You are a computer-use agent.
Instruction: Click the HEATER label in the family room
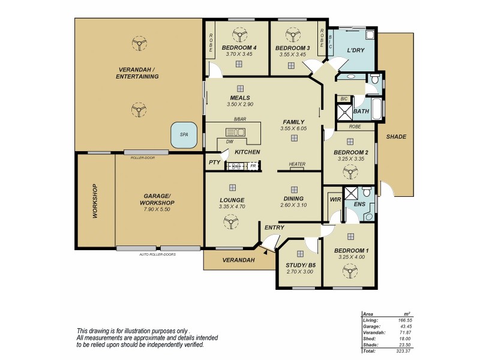point(297,164)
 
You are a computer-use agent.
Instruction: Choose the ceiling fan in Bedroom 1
point(348,271)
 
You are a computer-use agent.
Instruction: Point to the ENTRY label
point(274,227)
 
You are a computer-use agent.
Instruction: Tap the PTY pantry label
point(213,163)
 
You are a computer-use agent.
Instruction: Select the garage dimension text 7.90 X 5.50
point(158,209)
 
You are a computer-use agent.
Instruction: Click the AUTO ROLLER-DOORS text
point(158,254)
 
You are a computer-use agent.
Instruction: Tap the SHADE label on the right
point(396,137)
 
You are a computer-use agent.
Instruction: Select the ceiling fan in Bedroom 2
point(348,173)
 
